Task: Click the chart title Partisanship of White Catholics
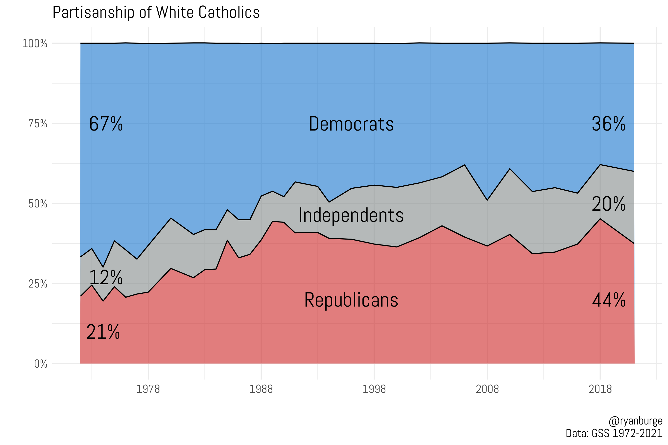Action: click(156, 13)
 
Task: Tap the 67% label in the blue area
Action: click(106, 124)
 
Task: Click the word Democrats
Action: click(351, 124)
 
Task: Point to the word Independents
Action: click(351, 215)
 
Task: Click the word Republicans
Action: click(351, 300)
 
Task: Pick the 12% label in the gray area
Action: click(106, 278)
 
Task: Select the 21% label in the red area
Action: click(103, 332)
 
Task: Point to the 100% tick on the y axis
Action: click(35, 44)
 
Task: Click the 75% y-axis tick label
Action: click(38, 124)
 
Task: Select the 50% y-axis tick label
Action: click(38, 204)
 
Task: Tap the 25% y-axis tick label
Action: click(38, 284)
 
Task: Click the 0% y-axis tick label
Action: click(41, 364)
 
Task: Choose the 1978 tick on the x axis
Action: click(148, 389)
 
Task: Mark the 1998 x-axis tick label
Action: click(374, 389)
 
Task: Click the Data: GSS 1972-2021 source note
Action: click(614, 433)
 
